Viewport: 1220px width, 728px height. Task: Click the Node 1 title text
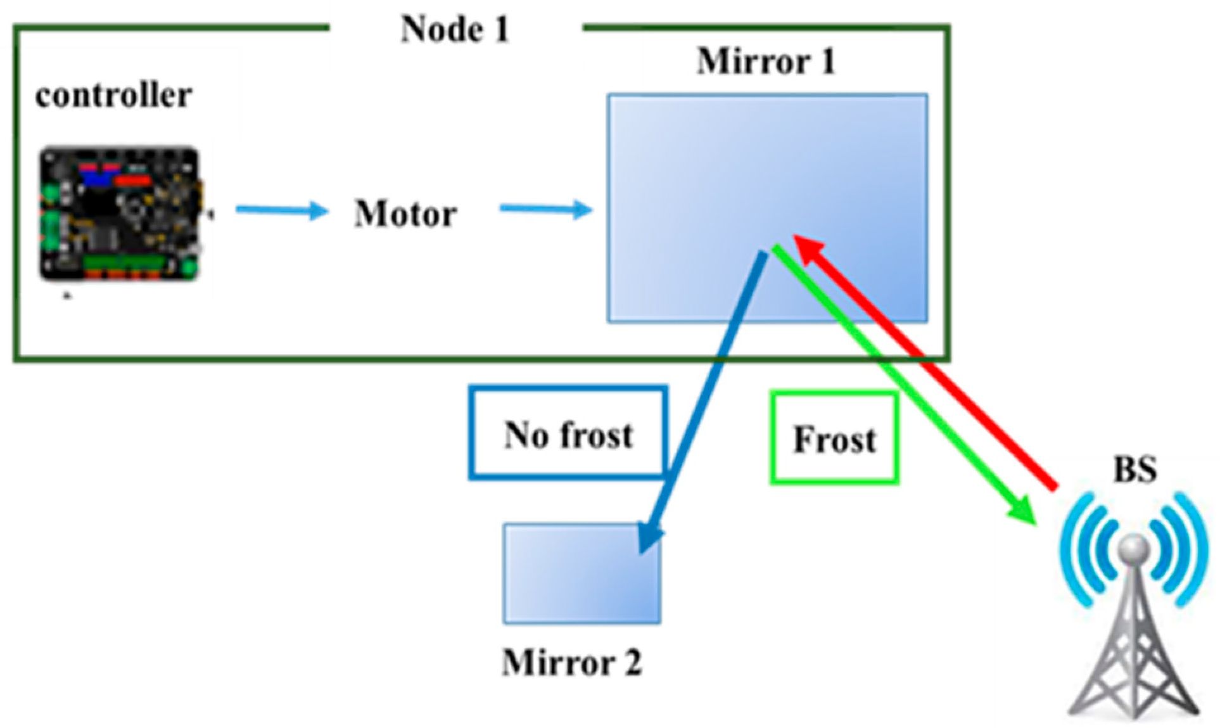[455, 29]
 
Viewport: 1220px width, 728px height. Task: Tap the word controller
[113, 96]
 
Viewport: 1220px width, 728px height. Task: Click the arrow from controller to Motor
[282, 210]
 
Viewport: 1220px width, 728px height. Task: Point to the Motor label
[405, 214]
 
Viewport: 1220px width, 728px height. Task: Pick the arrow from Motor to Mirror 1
[545, 208]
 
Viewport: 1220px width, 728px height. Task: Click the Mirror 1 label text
[766, 61]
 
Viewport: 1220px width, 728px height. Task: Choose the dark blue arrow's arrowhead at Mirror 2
[649, 539]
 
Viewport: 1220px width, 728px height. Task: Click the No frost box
[568, 433]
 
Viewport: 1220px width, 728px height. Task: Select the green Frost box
[834, 438]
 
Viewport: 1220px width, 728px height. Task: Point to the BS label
[1134, 469]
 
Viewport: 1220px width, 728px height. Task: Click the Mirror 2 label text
[571, 663]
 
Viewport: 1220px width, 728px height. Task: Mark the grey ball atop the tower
[1134, 546]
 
